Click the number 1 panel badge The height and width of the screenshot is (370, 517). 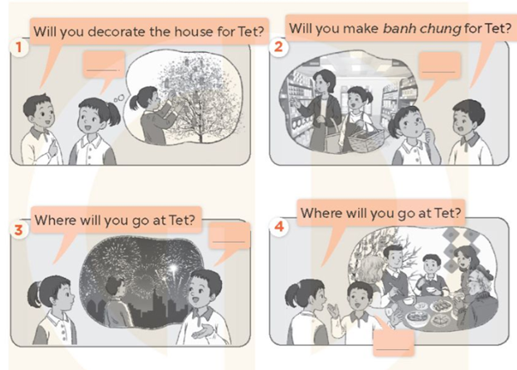pyautogui.click(x=19, y=47)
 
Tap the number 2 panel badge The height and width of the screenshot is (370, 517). pyautogui.click(x=278, y=46)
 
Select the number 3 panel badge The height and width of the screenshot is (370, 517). pyautogui.click(x=19, y=229)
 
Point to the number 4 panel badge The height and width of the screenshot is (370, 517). pyautogui.click(x=279, y=226)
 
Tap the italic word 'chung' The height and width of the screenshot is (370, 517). pyautogui.click(x=439, y=29)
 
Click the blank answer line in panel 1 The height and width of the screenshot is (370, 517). pyautogui.click(x=103, y=70)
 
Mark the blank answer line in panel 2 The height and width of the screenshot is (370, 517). pyautogui.click(x=438, y=71)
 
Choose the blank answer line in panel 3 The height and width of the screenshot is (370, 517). pyautogui.click(x=229, y=242)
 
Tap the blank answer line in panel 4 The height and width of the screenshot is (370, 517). pyautogui.click(x=393, y=349)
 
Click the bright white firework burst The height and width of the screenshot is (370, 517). pyautogui.click(x=173, y=268)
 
